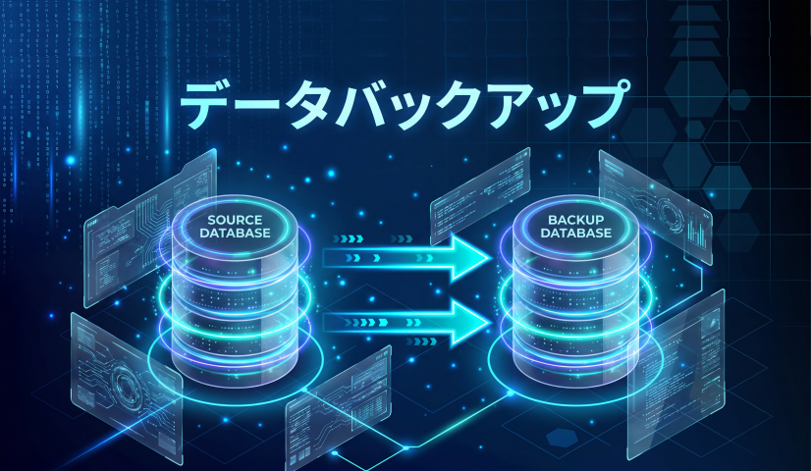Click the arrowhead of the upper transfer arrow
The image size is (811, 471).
pyautogui.click(x=470, y=258)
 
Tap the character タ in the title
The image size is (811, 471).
pyautogui.click(x=313, y=107)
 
